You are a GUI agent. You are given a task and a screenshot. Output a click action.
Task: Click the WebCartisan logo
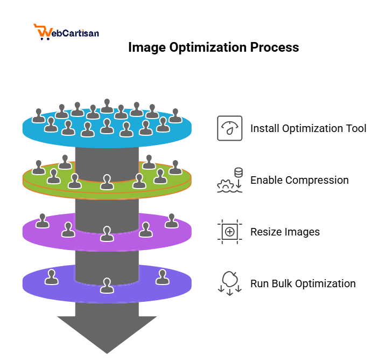tap(66, 32)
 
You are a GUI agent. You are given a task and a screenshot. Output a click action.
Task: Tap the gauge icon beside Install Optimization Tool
tap(229, 128)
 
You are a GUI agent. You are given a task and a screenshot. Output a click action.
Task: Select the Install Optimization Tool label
tap(308, 128)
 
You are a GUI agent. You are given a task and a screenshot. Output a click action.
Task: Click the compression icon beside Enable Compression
tap(229, 180)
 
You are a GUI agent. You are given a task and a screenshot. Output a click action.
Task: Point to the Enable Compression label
tap(299, 180)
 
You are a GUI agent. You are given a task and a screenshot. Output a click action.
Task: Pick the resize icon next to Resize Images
tap(229, 232)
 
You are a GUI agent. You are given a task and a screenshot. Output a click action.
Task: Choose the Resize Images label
tap(285, 232)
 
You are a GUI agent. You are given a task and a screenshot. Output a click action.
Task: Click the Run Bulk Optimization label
tap(303, 283)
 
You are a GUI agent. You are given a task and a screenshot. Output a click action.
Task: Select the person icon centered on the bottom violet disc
tap(107, 285)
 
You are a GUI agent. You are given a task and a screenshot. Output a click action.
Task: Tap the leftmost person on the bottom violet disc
tap(51, 277)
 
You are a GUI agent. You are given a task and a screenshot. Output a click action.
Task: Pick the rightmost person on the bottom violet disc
tap(162, 277)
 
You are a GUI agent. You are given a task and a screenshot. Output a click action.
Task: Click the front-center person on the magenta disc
tap(107, 233)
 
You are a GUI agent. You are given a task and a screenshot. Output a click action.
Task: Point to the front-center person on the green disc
tap(107, 183)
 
